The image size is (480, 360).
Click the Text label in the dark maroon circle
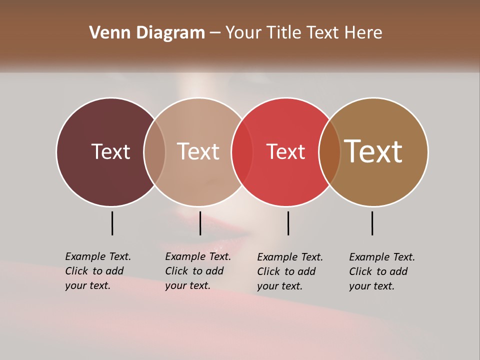[110, 151]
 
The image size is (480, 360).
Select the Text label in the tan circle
[198, 151]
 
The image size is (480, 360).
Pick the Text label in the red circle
[285, 152]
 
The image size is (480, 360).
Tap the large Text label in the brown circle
[373, 151]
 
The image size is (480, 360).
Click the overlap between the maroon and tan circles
[154, 151]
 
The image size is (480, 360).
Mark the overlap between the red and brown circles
[329, 151]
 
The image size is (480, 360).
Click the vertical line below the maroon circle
[112, 223]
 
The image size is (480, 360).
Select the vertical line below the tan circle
[200, 223]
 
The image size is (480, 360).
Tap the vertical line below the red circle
[288, 223]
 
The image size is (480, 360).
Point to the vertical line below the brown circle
[372, 223]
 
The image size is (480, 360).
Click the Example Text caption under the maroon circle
[97, 271]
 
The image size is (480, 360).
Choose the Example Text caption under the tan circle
[197, 271]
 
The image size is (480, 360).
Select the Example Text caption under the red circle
[290, 271]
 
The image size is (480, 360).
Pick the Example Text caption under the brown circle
[381, 271]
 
